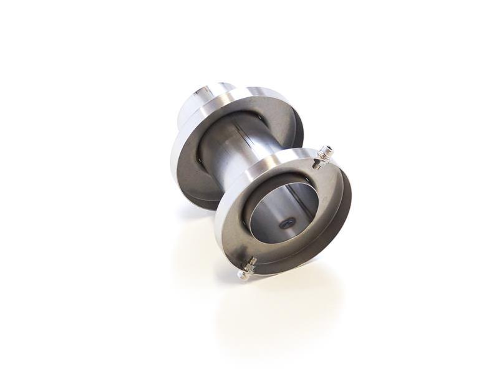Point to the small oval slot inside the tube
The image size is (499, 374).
pyautogui.click(x=287, y=221)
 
